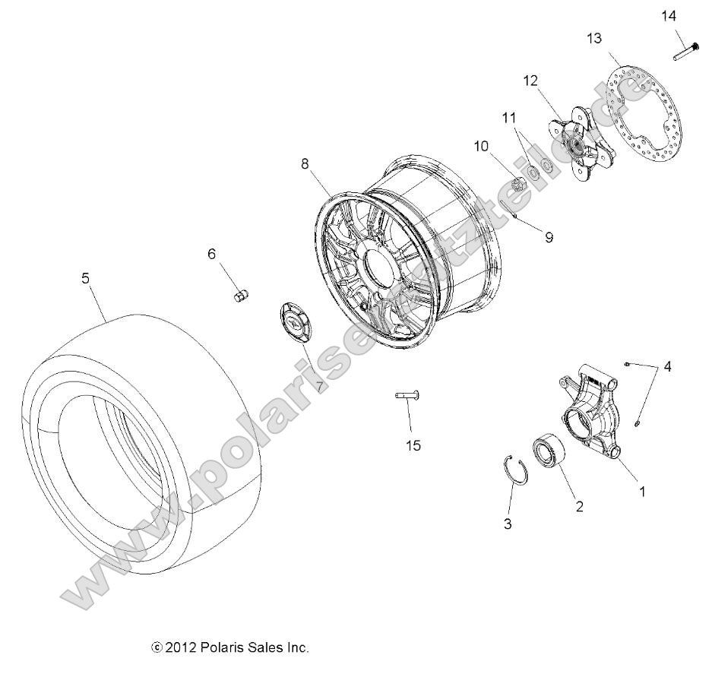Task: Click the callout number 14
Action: coord(667,15)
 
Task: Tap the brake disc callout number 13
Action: coord(594,38)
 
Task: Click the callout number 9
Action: coord(549,237)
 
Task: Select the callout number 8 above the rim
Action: coord(305,163)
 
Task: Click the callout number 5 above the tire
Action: coord(86,279)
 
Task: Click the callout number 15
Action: coord(413,445)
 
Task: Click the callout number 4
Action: coord(667,366)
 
